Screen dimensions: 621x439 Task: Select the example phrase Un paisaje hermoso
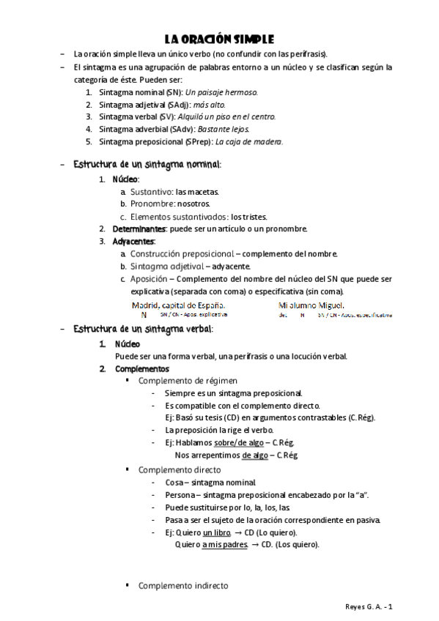pyautogui.click(x=222, y=93)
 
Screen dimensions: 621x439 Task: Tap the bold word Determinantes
pyautogui.click(x=139, y=228)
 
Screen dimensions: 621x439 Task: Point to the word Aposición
pyautogui.click(x=148, y=279)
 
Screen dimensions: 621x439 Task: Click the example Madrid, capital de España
pyautogui.click(x=178, y=305)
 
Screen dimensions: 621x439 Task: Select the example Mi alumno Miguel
pyautogui.click(x=311, y=305)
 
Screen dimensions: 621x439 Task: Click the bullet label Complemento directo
pyautogui.click(x=180, y=469)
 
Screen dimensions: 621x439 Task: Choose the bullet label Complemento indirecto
pyautogui.click(x=183, y=586)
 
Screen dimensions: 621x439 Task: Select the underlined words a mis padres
pyautogui.click(x=224, y=545)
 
